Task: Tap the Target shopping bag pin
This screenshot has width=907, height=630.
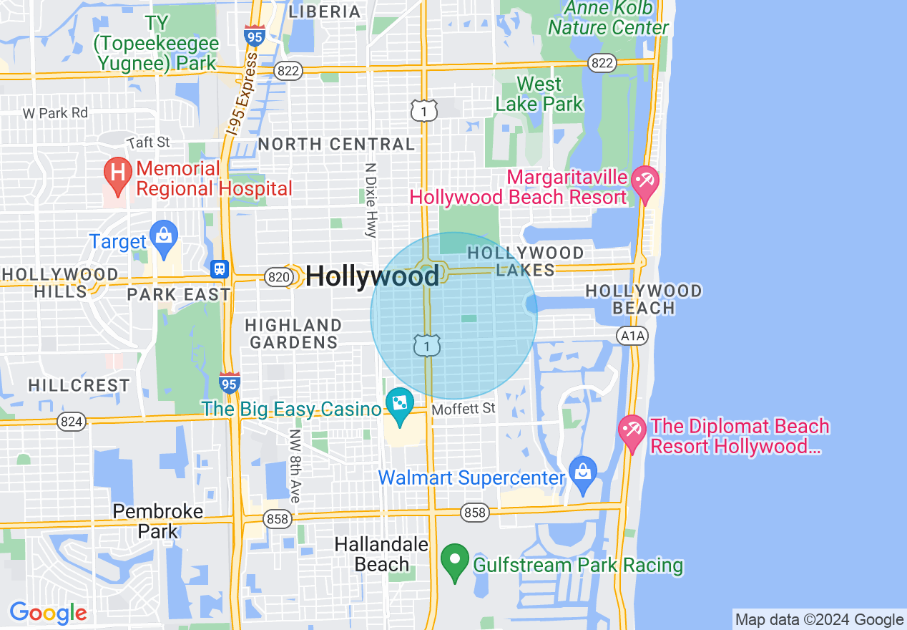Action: pyautogui.click(x=165, y=236)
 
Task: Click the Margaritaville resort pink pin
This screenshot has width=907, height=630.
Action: pyautogui.click(x=646, y=182)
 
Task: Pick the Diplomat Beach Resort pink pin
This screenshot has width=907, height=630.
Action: pyautogui.click(x=632, y=431)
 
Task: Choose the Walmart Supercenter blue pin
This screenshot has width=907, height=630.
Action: pyautogui.click(x=583, y=473)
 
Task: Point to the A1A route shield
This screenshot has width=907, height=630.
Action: pyautogui.click(x=632, y=335)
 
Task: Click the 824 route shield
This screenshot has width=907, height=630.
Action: pyautogui.click(x=72, y=422)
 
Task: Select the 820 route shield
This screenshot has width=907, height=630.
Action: pyautogui.click(x=278, y=276)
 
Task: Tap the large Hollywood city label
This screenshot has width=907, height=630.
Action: pyautogui.click(x=372, y=276)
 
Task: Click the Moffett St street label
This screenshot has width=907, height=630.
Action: pyautogui.click(x=464, y=409)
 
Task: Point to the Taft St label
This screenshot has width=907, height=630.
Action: pyautogui.click(x=148, y=142)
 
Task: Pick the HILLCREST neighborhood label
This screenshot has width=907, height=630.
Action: pyautogui.click(x=79, y=385)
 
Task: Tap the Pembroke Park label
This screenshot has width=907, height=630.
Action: pyautogui.click(x=158, y=521)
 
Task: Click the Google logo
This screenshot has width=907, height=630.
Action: pyautogui.click(x=48, y=614)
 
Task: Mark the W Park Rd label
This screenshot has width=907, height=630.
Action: pyautogui.click(x=55, y=113)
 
